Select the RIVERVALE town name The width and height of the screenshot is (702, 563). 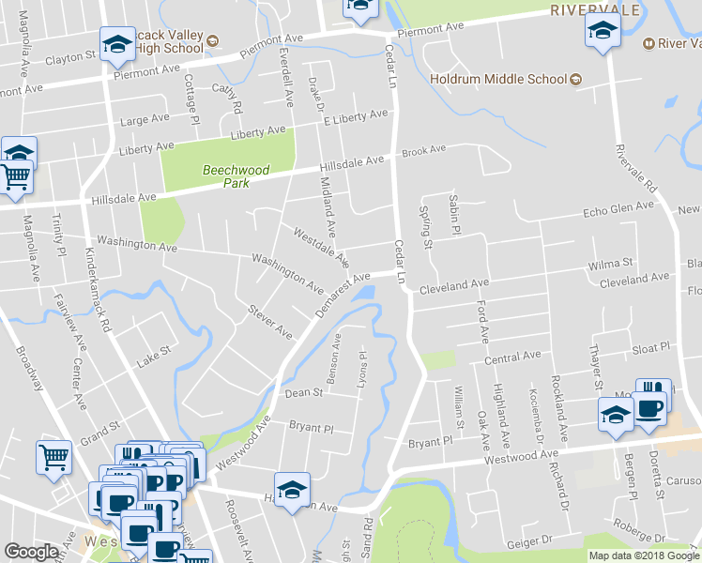point(595,10)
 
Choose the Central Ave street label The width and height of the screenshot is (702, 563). point(512,358)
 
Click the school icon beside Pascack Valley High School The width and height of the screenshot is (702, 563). point(118,42)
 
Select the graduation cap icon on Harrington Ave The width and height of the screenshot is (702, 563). point(293,491)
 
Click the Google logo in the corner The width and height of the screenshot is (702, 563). point(32,552)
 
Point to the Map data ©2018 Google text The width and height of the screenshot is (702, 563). point(644,555)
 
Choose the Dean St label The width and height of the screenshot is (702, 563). point(303,394)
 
